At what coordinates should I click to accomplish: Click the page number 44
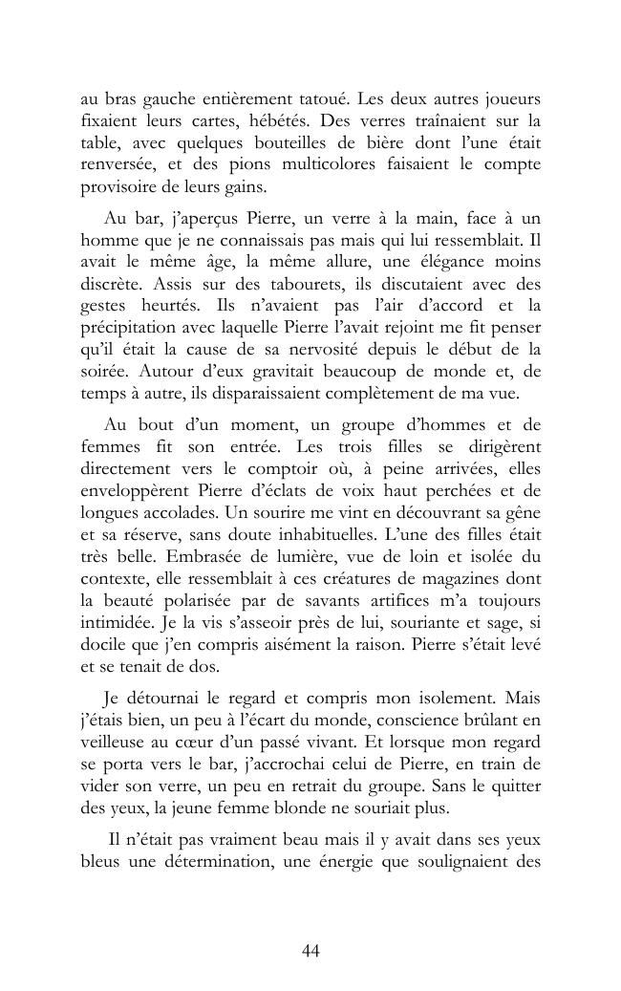click(x=310, y=950)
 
